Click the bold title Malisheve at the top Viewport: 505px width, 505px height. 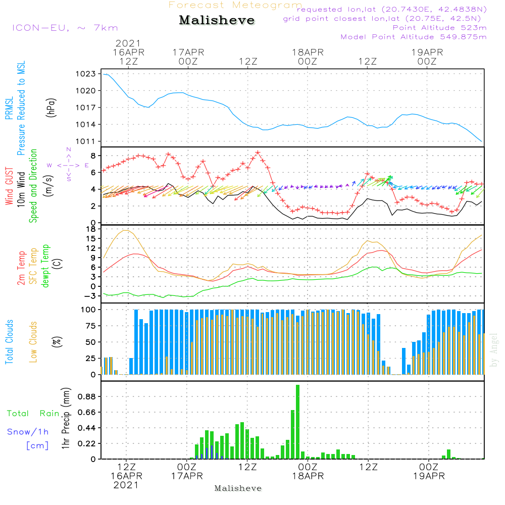click(217, 21)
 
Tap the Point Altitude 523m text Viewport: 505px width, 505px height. click(439, 28)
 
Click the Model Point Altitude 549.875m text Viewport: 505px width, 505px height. click(414, 37)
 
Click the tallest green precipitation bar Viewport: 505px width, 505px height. click(298, 422)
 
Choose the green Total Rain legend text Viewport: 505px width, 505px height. click(33, 414)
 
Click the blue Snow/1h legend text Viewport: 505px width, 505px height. click(28, 432)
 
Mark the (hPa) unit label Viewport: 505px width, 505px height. click(51, 107)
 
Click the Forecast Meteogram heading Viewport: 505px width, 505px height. click(235, 5)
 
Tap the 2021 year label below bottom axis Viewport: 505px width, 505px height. click(126, 485)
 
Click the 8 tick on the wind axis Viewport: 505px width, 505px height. click(93, 156)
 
